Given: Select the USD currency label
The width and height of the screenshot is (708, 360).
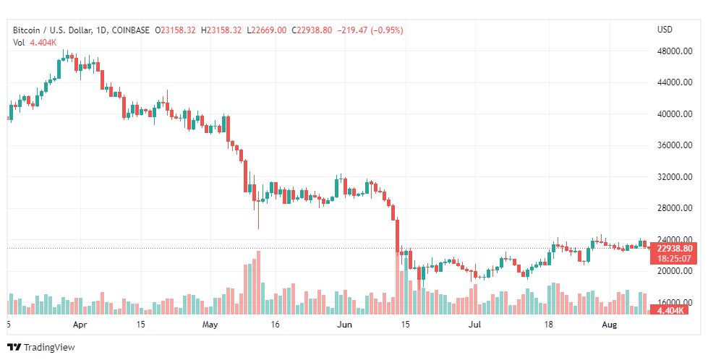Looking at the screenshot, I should tap(665, 30).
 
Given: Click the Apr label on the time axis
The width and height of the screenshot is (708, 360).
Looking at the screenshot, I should tap(81, 325).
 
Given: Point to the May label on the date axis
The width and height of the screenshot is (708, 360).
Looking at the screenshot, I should tap(210, 325).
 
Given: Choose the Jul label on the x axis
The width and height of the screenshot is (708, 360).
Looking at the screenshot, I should tap(475, 325).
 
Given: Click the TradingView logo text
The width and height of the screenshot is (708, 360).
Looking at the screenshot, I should tap(49, 347).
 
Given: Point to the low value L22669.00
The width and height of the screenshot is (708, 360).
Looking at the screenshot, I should tap(267, 30).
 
